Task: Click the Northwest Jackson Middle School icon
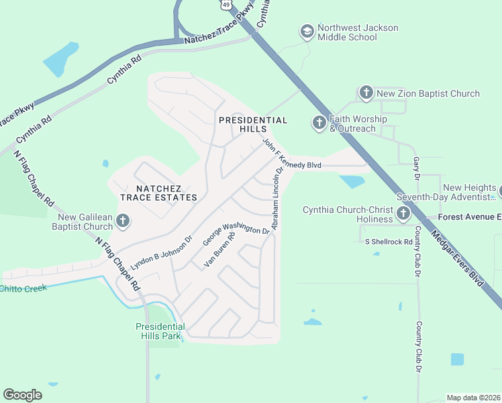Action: point(307,32)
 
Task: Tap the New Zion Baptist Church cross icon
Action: point(366,93)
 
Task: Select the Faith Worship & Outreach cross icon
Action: point(319,123)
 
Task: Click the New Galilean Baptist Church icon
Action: point(122,220)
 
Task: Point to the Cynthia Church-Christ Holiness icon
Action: point(403,214)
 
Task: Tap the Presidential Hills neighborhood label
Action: point(253,124)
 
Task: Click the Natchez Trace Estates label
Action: point(158,193)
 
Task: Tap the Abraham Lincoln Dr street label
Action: point(274,197)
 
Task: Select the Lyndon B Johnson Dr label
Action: point(161,253)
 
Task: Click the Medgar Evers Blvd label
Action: point(458,259)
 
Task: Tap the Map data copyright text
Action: point(473,398)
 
